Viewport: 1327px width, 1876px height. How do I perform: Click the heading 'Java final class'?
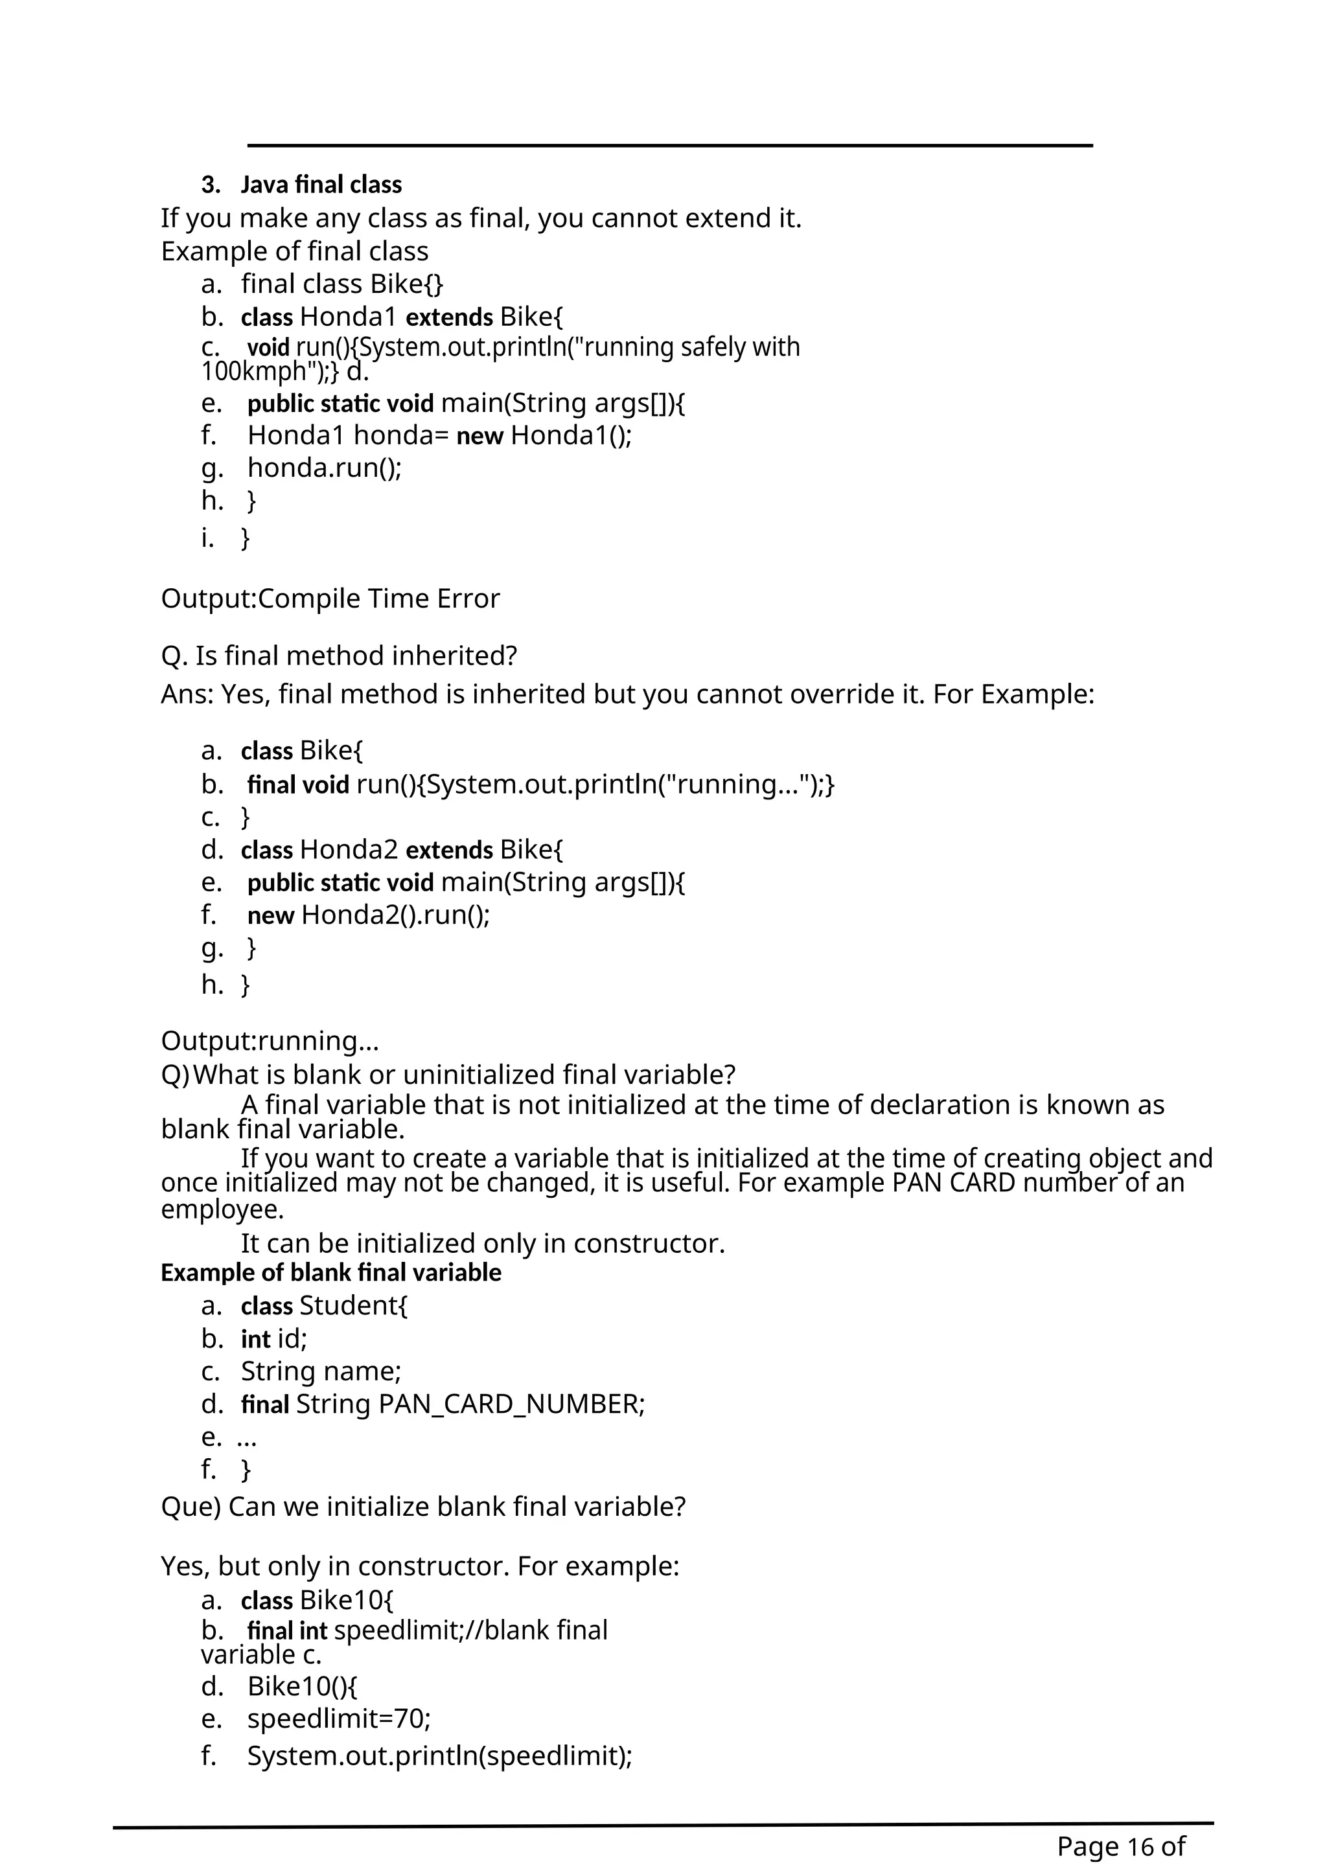[x=321, y=185]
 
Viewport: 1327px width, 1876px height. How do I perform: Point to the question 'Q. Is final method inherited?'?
[x=339, y=656]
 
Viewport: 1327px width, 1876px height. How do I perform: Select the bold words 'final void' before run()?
[x=298, y=784]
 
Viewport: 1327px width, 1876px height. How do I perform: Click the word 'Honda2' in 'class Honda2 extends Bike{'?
[x=348, y=850]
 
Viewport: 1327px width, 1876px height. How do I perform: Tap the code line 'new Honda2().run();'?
[x=369, y=915]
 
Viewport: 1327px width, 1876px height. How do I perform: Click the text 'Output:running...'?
[x=270, y=1041]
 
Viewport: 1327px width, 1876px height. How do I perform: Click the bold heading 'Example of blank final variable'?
[x=331, y=1272]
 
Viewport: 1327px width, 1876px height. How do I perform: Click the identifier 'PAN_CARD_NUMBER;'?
[x=513, y=1404]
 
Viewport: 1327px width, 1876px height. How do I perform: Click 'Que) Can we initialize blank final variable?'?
[x=423, y=1506]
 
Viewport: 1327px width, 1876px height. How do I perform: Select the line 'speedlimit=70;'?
[x=339, y=1719]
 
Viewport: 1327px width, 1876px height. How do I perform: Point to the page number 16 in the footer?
[x=1140, y=1846]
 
